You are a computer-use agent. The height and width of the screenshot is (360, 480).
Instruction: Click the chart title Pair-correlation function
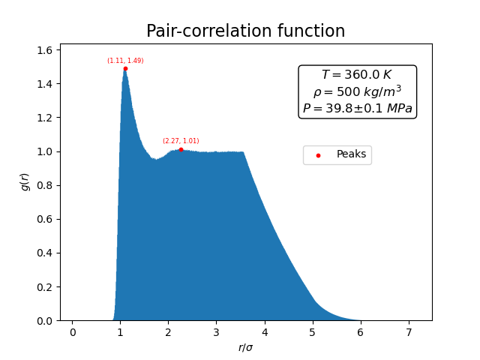click(x=245, y=31)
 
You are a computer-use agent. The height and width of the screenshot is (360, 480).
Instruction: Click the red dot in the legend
click(x=318, y=155)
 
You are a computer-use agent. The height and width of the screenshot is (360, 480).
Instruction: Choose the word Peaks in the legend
click(x=351, y=154)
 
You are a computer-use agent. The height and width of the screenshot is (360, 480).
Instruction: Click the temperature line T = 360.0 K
click(x=357, y=75)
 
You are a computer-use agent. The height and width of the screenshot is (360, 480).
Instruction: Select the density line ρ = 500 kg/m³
click(x=357, y=91)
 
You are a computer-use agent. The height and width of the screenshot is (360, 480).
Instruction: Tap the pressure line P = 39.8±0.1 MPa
click(x=357, y=109)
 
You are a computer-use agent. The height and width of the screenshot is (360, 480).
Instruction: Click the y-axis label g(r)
click(x=25, y=181)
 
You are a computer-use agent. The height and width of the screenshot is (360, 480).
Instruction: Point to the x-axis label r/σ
click(x=245, y=347)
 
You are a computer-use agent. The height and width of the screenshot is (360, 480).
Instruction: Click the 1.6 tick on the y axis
click(x=44, y=49)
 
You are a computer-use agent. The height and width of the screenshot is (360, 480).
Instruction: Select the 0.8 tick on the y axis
click(x=44, y=185)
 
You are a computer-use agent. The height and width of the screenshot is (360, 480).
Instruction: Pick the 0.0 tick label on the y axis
click(x=44, y=321)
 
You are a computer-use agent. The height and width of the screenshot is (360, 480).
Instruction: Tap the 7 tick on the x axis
click(x=409, y=331)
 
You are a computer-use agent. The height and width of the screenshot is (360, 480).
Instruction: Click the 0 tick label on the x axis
click(x=73, y=331)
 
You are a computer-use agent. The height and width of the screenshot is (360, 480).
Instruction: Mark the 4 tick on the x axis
click(x=265, y=331)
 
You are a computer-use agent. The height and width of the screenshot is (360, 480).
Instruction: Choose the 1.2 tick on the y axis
click(x=44, y=118)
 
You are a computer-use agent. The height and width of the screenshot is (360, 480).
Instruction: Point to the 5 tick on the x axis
click(x=313, y=331)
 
